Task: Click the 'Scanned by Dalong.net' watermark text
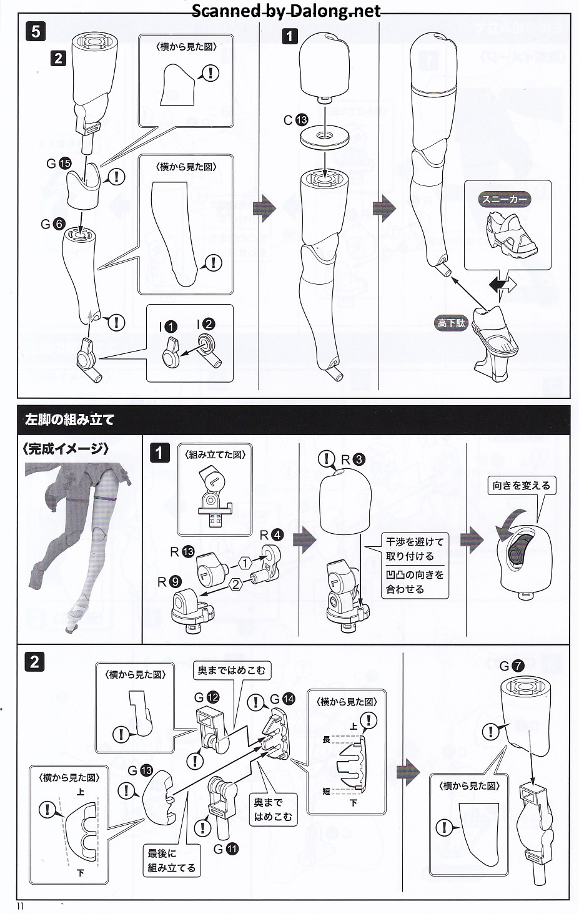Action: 285,11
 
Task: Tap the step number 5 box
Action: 36,32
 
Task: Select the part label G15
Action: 59,164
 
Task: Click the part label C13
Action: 295,120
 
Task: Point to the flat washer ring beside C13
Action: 324,138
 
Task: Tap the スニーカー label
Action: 505,199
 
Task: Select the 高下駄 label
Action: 451,323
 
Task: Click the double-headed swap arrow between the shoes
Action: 503,285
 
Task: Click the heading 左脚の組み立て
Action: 69,420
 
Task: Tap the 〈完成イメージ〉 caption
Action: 65,448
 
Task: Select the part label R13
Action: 182,552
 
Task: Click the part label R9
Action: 169,582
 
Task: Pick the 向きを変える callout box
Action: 522,485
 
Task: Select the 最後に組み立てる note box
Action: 171,860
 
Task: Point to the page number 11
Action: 20,906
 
